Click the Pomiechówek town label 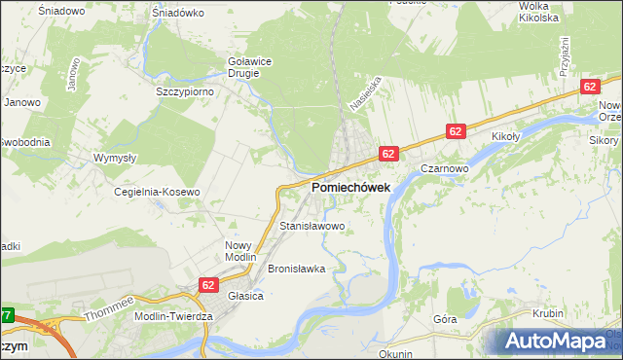point(350,187)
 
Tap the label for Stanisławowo point(312,226)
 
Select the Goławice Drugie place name point(249,65)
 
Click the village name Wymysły point(113,158)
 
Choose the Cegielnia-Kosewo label point(157,192)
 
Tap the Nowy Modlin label point(238,251)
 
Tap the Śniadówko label point(177,14)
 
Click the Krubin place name point(549,313)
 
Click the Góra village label point(446,318)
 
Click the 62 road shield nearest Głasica point(208,284)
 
